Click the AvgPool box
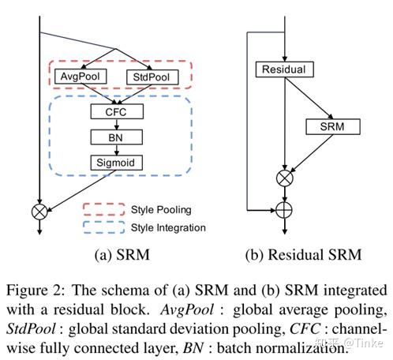pos(77,77)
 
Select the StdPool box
pos(152,77)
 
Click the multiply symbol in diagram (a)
pos(39,210)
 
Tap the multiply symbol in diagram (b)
pos(283,178)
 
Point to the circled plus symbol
pos(283,210)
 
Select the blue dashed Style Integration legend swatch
pos(104,227)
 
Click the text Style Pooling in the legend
pos(162,211)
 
